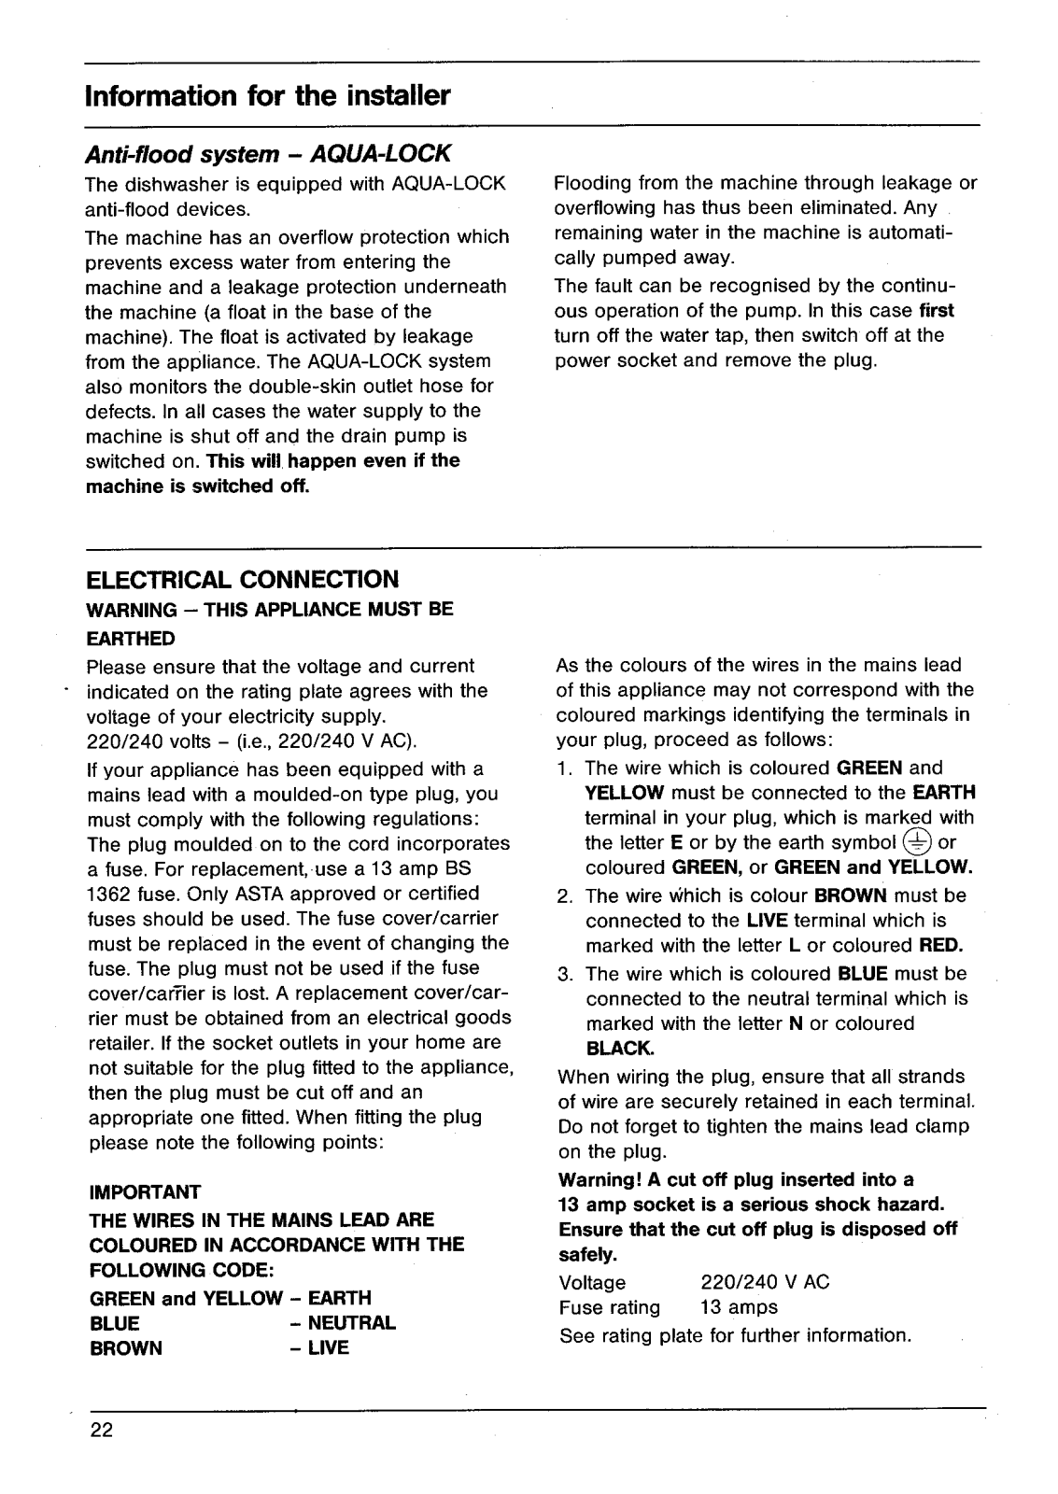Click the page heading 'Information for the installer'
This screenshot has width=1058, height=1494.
pos(267,96)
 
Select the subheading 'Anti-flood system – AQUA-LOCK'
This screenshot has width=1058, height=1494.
pos(268,151)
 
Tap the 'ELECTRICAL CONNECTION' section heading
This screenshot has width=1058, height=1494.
pos(242,580)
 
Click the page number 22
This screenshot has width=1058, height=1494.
pos(101,1432)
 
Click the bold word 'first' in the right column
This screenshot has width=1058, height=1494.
pos(937,310)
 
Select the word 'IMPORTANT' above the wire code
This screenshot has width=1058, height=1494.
pos(145,1192)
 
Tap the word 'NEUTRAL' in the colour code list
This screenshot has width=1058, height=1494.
pos(351,1323)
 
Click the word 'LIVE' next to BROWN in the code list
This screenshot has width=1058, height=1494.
pos(328,1348)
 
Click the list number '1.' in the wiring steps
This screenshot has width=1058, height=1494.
pos(564,768)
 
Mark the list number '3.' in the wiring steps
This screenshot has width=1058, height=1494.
pos(565,974)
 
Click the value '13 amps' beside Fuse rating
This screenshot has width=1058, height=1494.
pos(739,1307)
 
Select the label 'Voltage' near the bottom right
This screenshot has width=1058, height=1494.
pos(592,1283)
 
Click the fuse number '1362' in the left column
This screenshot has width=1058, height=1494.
pos(109,894)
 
